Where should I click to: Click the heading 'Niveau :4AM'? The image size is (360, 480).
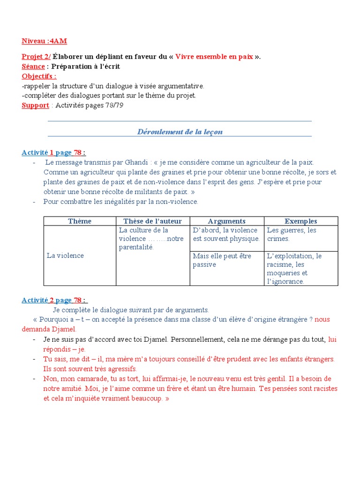[x=41, y=41]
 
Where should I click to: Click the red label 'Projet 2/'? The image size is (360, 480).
[x=36, y=57]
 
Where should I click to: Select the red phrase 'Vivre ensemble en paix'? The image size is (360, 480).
[x=214, y=57]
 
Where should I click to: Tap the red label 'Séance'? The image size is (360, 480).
[x=33, y=67]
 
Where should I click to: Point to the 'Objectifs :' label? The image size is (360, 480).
[x=39, y=76]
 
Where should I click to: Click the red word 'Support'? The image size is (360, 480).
[x=35, y=105]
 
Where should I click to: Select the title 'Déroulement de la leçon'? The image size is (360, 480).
[x=180, y=132]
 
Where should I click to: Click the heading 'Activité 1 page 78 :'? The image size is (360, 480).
[x=54, y=152]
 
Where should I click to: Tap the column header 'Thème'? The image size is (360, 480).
[x=80, y=221]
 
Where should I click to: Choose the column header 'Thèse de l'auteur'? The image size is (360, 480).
[x=152, y=221]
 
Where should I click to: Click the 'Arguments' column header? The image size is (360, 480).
[x=226, y=221]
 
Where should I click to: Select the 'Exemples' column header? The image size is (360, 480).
[x=301, y=221]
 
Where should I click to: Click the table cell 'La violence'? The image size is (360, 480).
[x=65, y=255]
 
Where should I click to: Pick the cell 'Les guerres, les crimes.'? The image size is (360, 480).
[x=292, y=234]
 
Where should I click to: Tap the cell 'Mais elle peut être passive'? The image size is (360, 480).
[x=222, y=260]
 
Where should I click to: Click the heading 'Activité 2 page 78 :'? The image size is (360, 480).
[x=54, y=300]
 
